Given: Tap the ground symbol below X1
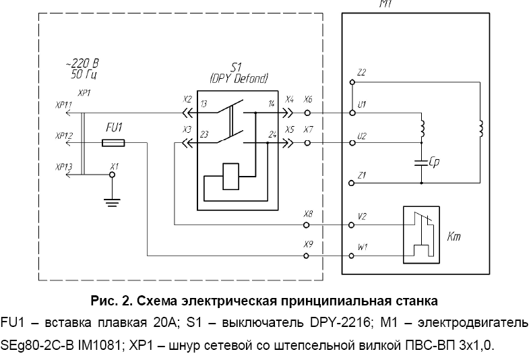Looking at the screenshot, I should pyautogui.click(x=113, y=199).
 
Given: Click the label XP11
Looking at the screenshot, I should pyautogui.click(x=65, y=104).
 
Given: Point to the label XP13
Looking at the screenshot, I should pyautogui.click(x=65, y=166).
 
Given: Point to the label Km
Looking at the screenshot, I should pyautogui.click(x=454, y=237).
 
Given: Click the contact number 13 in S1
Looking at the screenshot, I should pyautogui.click(x=204, y=104).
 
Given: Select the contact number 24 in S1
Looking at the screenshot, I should pyautogui.click(x=272, y=135).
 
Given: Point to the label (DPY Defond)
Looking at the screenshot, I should pyautogui.click(x=239, y=77).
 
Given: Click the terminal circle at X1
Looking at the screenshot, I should pyautogui.click(x=113, y=174).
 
